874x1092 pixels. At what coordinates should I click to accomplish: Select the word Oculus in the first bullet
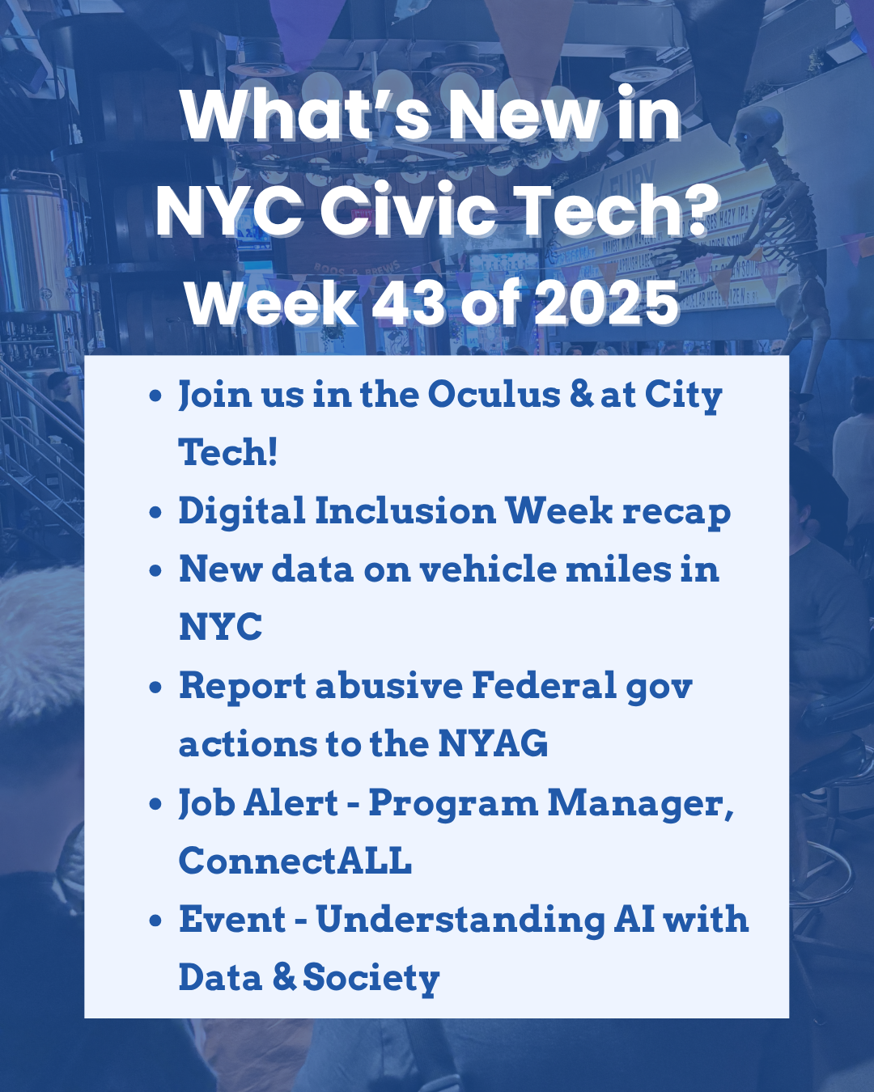[x=494, y=395]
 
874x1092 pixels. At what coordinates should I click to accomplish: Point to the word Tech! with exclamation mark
[x=227, y=452]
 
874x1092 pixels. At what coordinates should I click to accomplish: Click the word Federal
[x=544, y=686]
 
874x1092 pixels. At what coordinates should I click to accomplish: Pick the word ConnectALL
[x=295, y=861]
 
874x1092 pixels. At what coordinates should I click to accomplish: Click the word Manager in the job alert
[x=639, y=804]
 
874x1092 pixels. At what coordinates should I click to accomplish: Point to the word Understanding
[x=460, y=921]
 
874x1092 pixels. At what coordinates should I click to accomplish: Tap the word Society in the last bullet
[x=371, y=979]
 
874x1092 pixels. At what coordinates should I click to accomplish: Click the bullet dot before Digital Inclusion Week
[x=156, y=513]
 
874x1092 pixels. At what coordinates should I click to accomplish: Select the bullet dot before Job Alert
[x=156, y=804]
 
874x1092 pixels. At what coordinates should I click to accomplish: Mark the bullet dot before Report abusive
[x=156, y=688]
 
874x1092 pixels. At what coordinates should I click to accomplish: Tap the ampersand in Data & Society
[x=284, y=978]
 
